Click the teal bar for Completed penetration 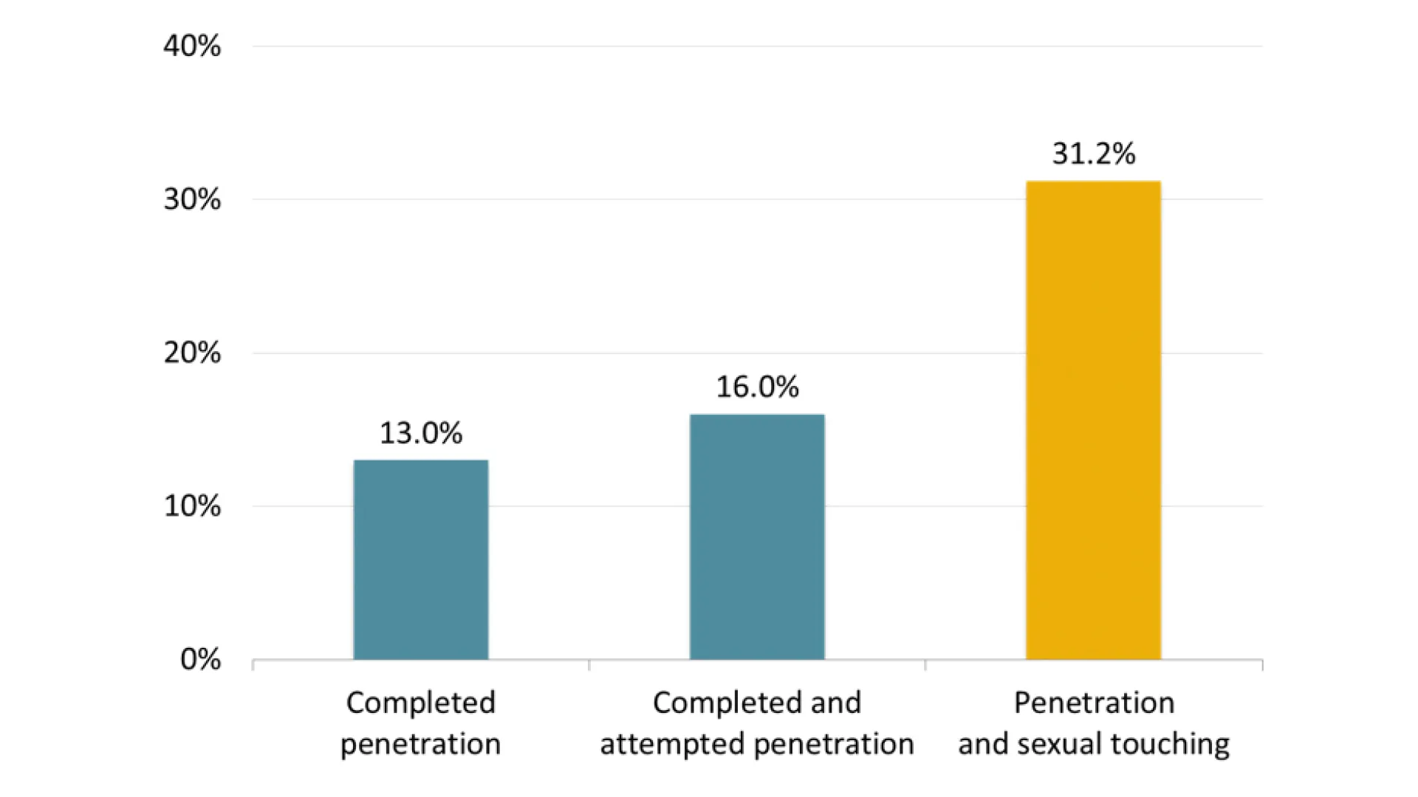point(421,559)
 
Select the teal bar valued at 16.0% point(757,536)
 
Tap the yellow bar point(1093,420)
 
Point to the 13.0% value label point(421,433)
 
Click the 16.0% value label point(757,387)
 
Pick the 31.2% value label point(1093,153)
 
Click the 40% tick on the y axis point(192,46)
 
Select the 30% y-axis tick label point(192,199)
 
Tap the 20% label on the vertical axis point(192,353)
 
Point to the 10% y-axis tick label point(192,506)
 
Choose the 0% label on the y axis point(200,659)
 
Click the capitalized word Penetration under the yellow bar point(1094,703)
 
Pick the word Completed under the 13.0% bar point(421,703)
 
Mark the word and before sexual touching point(983,744)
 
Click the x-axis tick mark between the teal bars point(589,665)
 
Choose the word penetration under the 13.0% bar point(421,744)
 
